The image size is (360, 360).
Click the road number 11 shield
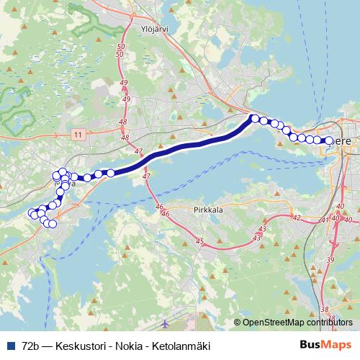click(78, 134)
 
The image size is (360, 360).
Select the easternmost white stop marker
click(329, 141)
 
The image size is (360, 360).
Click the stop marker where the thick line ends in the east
click(254, 118)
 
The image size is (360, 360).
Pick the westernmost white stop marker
click(32, 213)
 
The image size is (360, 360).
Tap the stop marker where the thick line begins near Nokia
click(111, 172)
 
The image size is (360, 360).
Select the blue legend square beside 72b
click(10, 346)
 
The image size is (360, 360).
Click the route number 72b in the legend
click(31, 346)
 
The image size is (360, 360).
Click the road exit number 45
click(199, 241)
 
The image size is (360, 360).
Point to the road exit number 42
click(296, 217)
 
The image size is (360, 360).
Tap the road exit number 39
click(330, 259)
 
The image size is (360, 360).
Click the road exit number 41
click(325, 220)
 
